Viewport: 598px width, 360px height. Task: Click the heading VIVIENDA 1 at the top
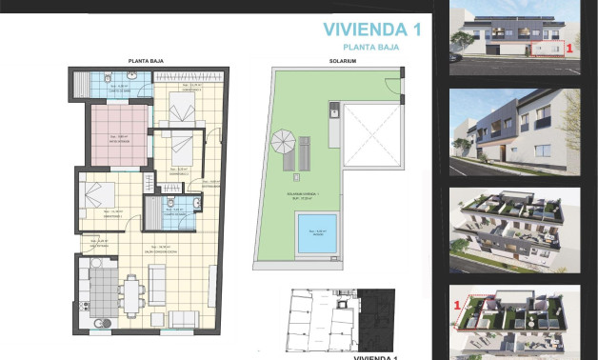tap(371, 29)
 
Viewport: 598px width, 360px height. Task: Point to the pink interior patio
tap(117, 133)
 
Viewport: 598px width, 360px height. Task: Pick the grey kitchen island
tap(98, 285)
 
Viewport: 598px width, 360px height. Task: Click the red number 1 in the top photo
tap(568, 45)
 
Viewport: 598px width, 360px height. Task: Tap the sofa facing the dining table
tap(157, 283)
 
